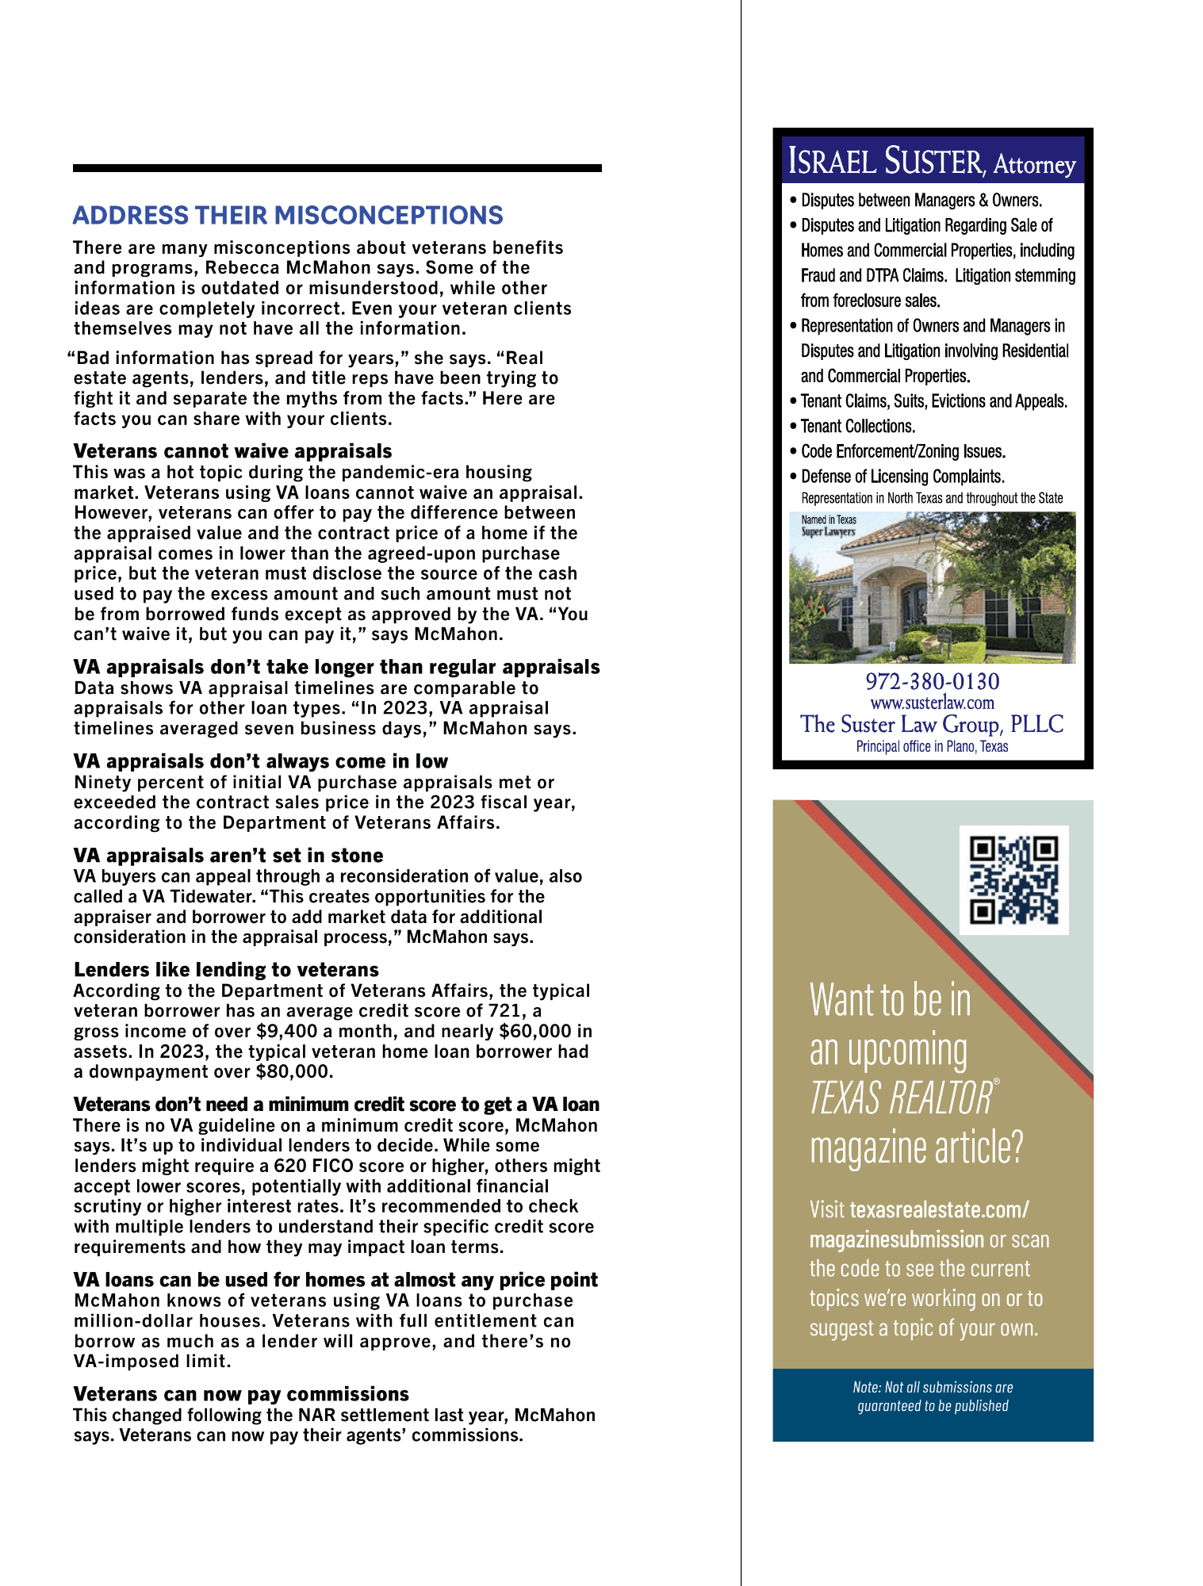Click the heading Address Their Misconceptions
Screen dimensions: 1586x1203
coord(288,216)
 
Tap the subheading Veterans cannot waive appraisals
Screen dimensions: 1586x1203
coord(232,451)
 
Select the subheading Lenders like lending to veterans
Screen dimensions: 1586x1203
coord(226,970)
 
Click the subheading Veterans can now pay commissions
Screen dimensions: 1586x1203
coord(241,1394)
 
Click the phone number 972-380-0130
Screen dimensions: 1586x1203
coord(932,681)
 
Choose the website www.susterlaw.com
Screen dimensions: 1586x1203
coord(932,703)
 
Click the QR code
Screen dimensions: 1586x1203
coord(1013,879)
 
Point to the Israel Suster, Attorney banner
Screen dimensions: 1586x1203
coord(932,161)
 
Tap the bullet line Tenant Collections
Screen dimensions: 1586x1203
coord(857,427)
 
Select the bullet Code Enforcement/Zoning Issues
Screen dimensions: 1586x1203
coord(902,452)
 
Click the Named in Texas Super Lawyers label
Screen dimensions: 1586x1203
coord(828,526)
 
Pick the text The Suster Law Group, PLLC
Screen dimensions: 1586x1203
coord(932,724)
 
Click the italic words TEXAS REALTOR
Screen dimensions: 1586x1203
coord(901,1099)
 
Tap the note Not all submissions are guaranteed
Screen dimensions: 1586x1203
coord(933,1396)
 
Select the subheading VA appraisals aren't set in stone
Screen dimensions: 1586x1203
coord(228,856)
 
